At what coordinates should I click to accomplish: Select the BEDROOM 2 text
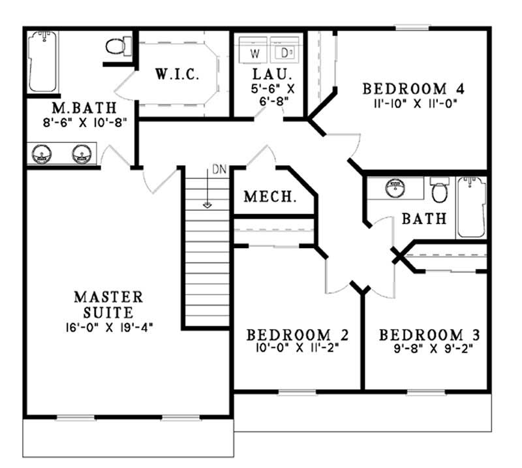click(298, 335)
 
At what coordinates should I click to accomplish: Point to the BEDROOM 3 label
click(430, 335)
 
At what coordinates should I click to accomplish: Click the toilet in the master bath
click(118, 46)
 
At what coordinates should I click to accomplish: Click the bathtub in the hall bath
click(471, 207)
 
